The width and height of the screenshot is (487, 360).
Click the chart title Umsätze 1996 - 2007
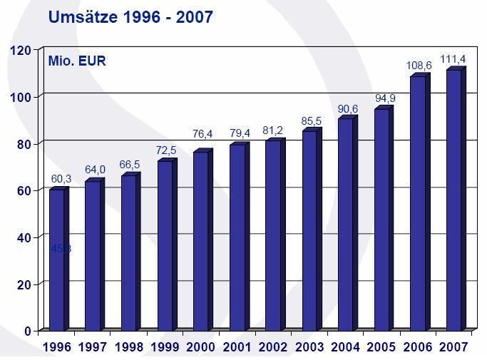pos(130,17)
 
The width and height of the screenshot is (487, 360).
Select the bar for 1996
pos(56,259)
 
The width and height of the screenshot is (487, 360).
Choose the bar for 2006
pos(417,203)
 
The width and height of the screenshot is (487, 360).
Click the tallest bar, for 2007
pos(453,200)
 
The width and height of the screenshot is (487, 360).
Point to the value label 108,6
pos(419,66)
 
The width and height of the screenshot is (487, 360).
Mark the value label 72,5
pos(167,150)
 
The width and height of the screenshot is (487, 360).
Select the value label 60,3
pos(59,178)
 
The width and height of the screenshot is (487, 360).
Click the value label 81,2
pos(275,130)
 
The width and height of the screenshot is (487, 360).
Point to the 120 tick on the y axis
pos(20,50)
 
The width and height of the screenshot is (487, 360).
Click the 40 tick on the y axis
pos(24,237)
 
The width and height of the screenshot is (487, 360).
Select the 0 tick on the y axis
pos(28,331)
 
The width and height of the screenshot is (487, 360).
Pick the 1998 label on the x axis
pos(129,347)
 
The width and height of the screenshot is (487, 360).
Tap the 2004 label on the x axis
pos(346,347)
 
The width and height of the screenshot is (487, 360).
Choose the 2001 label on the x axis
pos(237,347)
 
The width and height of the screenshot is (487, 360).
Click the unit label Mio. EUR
pos(77,61)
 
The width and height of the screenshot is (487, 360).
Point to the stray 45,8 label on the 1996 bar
pos(61,249)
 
